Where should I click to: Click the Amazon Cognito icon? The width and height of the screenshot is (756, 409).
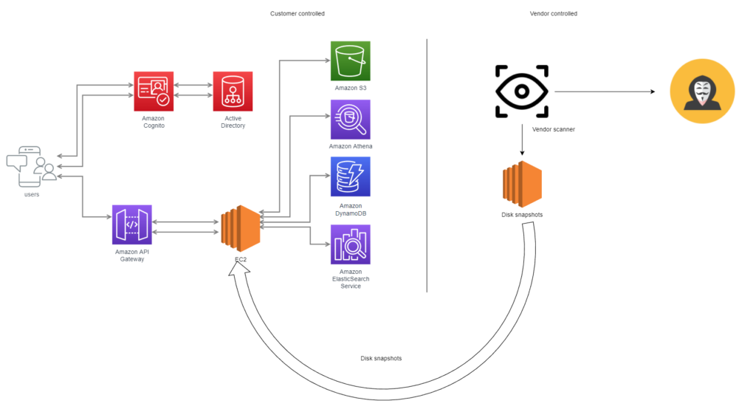pyautogui.click(x=154, y=91)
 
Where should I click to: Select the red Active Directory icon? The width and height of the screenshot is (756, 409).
pyautogui.click(x=233, y=91)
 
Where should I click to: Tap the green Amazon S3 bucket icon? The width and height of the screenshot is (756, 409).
pyautogui.click(x=350, y=61)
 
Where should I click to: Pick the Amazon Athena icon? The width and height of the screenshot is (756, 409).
pyautogui.click(x=350, y=120)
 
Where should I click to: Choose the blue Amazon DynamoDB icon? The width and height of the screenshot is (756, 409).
pyautogui.click(x=350, y=177)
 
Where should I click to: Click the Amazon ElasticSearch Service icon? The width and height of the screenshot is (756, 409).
pyautogui.click(x=350, y=244)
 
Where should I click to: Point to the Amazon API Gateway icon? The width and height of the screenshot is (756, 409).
pyautogui.click(x=131, y=224)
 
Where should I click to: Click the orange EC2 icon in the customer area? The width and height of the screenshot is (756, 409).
pyautogui.click(x=241, y=226)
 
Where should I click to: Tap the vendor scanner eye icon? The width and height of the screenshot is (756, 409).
pyautogui.click(x=522, y=92)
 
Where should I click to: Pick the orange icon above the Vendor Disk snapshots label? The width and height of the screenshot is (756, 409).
pyautogui.click(x=522, y=185)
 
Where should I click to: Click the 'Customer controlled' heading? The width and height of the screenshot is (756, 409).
pyautogui.click(x=297, y=14)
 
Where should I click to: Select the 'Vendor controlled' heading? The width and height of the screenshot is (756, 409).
pyautogui.click(x=554, y=14)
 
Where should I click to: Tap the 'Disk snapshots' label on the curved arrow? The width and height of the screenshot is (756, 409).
pyautogui.click(x=381, y=358)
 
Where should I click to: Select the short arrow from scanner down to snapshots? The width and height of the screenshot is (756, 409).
pyautogui.click(x=522, y=140)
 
